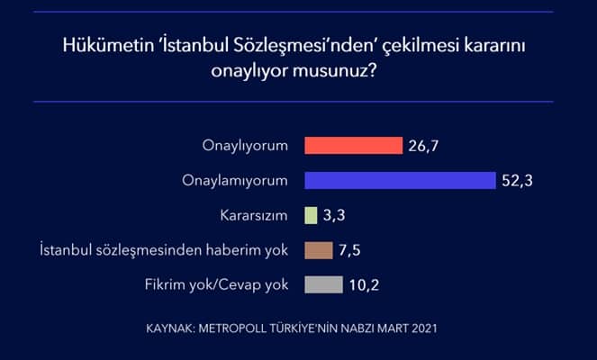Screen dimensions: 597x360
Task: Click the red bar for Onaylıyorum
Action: pos(353,146)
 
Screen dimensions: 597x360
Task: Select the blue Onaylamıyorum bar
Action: pos(400,180)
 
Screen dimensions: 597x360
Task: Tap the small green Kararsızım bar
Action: pos(311,215)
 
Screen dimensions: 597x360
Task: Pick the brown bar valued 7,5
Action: pos(319,250)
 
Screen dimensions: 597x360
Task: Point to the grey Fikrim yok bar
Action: pos(323,285)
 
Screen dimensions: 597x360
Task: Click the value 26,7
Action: pos(423,146)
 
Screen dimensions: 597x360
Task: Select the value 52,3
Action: pos(517,181)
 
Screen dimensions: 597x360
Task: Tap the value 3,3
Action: pos(334,215)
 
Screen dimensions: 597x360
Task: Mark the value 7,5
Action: pos(349,250)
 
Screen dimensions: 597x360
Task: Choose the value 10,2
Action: pos(364,285)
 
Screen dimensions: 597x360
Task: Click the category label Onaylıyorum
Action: pos(245,146)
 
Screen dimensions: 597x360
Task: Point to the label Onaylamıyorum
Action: pos(235,181)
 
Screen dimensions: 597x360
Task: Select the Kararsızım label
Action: pos(254,215)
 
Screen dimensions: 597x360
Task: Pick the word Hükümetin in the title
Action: pos(107,45)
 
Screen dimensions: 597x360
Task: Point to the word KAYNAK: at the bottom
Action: pos(170,328)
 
